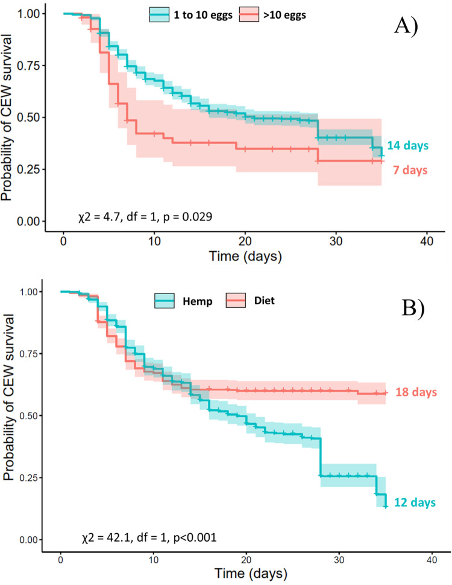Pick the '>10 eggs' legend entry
pyautogui.click(x=281, y=16)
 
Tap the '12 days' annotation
pyautogui.click(x=415, y=502)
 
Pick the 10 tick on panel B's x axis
pyautogui.click(x=154, y=560)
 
